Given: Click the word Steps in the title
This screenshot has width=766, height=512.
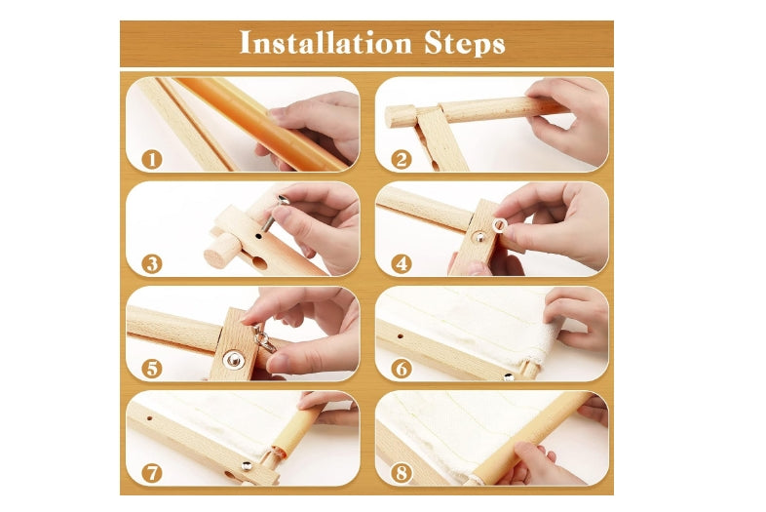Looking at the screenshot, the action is (465, 43).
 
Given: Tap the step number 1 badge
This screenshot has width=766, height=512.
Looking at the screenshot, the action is (151, 159).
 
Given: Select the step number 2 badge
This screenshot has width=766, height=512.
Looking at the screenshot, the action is (402, 159).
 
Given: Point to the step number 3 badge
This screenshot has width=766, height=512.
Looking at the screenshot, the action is (151, 264).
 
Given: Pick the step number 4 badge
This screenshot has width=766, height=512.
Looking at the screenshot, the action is (402, 264).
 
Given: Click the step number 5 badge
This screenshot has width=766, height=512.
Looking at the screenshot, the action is (151, 369).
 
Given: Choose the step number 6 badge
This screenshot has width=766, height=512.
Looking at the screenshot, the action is (402, 369).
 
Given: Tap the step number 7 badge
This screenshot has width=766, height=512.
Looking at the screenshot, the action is (151, 473).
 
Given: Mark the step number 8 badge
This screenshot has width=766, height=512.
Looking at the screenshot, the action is (402, 473).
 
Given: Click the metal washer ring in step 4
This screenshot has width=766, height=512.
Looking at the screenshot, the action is (499, 225).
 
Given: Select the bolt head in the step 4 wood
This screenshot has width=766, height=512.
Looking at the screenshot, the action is (479, 238).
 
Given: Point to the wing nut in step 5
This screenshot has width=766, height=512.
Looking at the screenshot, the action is (264, 338).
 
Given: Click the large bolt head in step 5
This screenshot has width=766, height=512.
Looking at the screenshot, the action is (234, 360).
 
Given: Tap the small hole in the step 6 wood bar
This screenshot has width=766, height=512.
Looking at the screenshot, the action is (401, 336).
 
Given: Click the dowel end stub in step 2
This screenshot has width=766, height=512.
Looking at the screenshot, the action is (401, 116).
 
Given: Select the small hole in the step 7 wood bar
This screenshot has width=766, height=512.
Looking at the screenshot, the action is (149, 418).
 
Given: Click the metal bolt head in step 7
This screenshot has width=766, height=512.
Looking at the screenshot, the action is (247, 465).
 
